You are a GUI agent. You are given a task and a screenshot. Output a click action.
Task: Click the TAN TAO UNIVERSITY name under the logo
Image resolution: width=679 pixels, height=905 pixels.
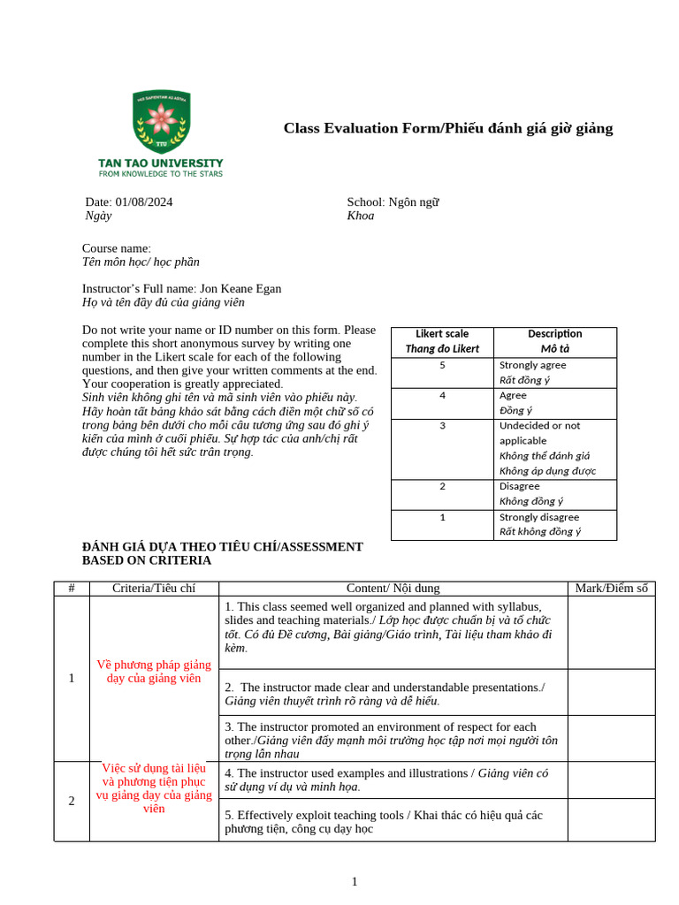click(160, 164)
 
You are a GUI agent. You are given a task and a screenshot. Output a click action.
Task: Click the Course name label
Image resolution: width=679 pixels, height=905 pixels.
click(117, 248)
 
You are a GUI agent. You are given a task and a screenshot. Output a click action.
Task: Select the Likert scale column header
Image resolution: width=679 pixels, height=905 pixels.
click(442, 334)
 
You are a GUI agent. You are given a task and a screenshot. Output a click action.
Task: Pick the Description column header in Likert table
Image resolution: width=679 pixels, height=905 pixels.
click(554, 334)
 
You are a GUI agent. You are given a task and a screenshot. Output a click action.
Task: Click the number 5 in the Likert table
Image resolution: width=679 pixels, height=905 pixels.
click(442, 365)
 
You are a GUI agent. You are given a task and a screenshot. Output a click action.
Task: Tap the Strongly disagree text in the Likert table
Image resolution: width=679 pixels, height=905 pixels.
click(539, 517)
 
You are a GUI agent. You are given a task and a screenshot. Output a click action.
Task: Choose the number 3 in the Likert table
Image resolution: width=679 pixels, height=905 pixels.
click(442, 425)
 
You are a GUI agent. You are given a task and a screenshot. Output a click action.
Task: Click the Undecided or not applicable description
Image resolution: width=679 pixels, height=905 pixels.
click(539, 432)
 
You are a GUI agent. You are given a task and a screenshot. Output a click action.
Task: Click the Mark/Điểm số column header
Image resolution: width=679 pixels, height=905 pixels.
click(611, 589)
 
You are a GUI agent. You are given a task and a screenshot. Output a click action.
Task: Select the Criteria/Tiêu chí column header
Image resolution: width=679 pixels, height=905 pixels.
click(154, 589)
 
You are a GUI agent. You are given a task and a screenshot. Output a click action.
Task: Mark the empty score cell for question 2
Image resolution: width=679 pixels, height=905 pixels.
click(611, 691)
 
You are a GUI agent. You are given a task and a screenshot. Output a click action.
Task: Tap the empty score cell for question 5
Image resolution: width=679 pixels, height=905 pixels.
click(611, 820)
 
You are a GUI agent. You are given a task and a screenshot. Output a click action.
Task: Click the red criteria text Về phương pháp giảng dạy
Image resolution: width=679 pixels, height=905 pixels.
click(154, 671)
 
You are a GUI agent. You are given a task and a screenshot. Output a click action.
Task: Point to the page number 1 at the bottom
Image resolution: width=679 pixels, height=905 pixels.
click(355, 881)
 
